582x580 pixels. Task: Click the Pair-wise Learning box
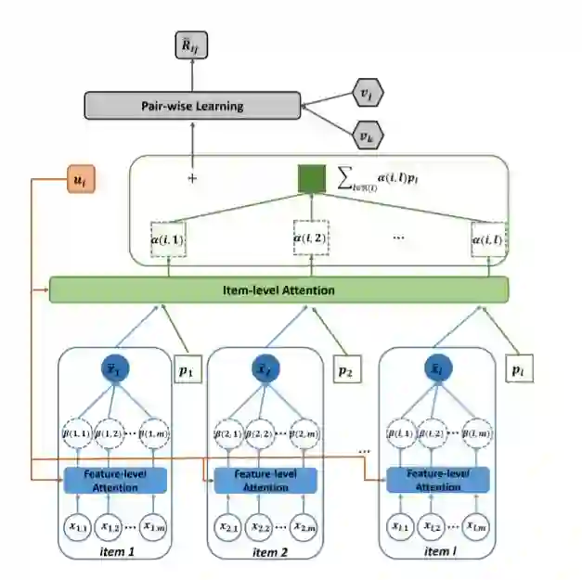(x=192, y=106)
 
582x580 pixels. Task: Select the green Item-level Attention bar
(x=278, y=290)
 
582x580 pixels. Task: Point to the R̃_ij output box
(x=192, y=44)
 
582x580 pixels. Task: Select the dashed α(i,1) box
(x=169, y=239)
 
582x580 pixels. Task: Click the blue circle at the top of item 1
(x=117, y=368)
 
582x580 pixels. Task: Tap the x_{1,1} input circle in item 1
(x=80, y=526)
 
